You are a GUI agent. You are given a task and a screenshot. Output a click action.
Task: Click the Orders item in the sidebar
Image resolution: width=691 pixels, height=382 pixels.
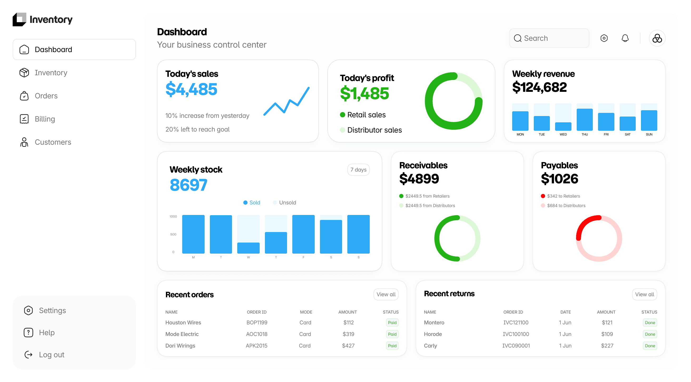pyautogui.click(x=39, y=96)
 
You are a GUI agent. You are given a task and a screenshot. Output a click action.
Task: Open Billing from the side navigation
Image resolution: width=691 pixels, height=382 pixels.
pyautogui.click(x=37, y=119)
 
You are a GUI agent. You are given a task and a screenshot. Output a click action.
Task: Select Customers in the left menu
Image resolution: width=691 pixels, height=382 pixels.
pyautogui.click(x=45, y=142)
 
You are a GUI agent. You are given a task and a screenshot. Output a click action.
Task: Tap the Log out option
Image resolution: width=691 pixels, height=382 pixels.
pyautogui.click(x=44, y=355)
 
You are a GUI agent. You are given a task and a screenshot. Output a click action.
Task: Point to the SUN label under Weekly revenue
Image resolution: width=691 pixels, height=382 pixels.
pyautogui.click(x=649, y=134)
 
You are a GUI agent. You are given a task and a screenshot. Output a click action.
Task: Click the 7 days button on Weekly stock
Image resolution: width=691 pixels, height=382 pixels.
pyautogui.click(x=358, y=170)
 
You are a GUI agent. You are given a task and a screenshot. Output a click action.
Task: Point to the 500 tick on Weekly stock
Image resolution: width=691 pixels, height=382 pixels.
pyautogui.click(x=173, y=234)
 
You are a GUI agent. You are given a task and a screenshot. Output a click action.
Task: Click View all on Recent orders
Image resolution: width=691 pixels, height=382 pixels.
pyautogui.click(x=386, y=294)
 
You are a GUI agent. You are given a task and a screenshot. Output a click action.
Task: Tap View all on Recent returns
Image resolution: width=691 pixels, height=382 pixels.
pyautogui.click(x=644, y=294)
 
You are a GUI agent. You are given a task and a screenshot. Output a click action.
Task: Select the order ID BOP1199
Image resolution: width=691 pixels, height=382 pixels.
pyautogui.click(x=257, y=323)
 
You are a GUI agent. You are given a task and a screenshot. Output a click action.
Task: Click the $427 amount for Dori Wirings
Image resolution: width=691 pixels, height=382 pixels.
pyautogui.click(x=348, y=345)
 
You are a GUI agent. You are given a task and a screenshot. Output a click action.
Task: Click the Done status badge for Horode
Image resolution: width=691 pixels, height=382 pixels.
pyautogui.click(x=650, y=334)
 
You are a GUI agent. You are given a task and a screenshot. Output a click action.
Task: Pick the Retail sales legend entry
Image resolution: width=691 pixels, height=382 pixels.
pyautogui.click(x=363, y=115)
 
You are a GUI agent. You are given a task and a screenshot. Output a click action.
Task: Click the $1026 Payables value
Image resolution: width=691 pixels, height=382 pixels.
pyautogui.click(x=560, y=179)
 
